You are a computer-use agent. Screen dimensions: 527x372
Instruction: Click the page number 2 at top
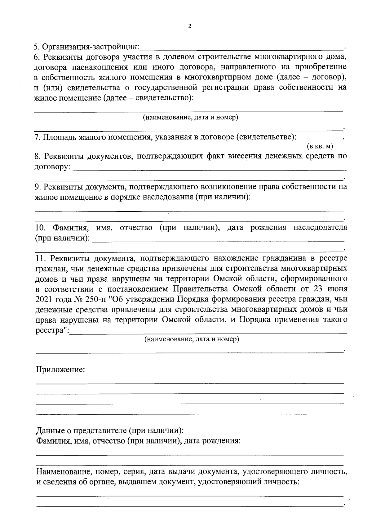click(190, 26)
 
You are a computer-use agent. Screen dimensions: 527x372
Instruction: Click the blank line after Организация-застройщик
click(242, 48)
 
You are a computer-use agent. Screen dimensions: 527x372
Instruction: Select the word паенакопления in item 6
click(102, 67)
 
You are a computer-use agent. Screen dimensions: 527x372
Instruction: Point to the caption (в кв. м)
click(320, 146)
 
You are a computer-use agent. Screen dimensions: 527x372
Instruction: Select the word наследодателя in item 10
click(321, 228)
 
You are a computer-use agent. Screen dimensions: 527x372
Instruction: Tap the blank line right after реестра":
click(208, 332)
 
